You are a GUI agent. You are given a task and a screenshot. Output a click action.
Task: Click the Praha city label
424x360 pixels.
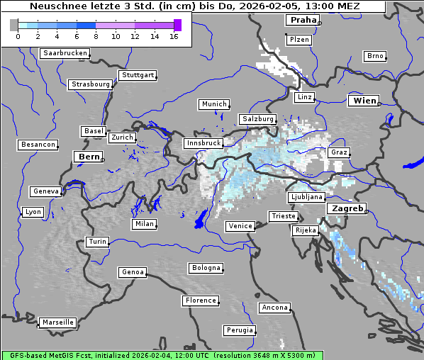coord(302,21)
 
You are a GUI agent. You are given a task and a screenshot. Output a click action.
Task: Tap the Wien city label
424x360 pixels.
coord(364,101)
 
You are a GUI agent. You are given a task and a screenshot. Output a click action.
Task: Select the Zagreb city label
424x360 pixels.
coord(346,209)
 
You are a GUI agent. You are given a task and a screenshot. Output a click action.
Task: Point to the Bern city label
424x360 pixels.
coord(89,157)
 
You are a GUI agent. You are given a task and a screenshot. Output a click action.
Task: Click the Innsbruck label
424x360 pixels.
coord(203,143)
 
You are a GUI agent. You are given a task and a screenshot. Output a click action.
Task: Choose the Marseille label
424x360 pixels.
coord(57,322)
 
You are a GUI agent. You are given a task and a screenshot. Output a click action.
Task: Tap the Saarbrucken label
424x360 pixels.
coord(65,53)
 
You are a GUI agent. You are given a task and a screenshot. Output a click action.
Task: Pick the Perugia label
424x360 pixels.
coord(239,330)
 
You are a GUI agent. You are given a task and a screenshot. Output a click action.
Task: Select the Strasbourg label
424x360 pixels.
coord(91,84)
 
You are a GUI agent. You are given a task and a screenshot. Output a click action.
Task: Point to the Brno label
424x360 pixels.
coord(375,56)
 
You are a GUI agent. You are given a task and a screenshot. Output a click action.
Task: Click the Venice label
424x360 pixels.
coord(240,226)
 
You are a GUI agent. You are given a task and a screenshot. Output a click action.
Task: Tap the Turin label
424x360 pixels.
coord(97,242)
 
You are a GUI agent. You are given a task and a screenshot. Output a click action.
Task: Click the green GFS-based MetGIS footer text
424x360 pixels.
coord(162,355)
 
